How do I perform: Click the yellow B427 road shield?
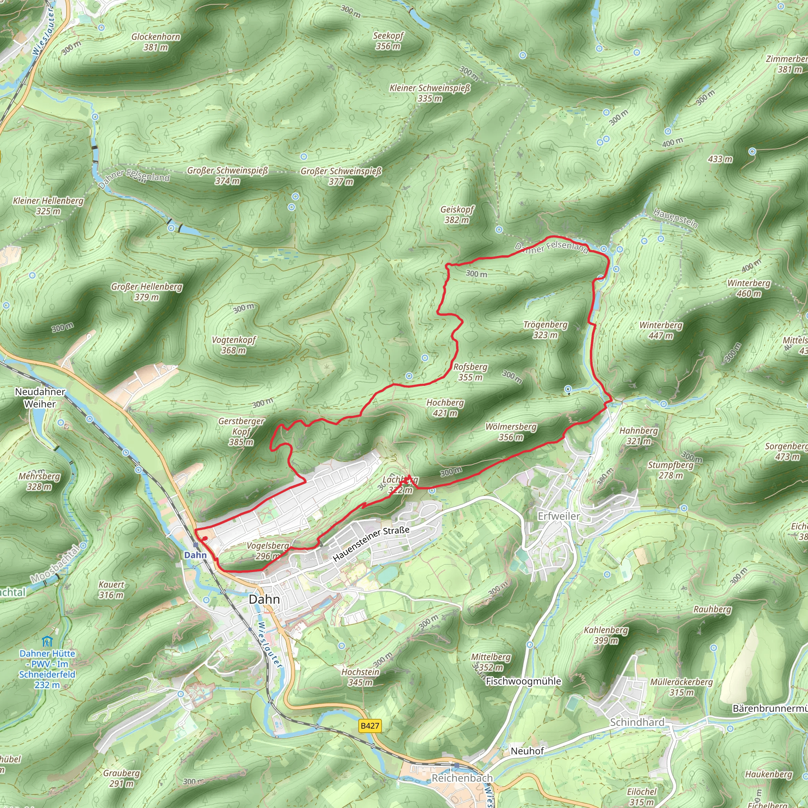click(x=370, y=726)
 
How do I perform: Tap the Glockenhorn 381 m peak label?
click(x=155, y=42)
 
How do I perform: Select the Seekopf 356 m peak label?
click(x=388, y=41)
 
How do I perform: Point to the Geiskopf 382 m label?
click(x=457, y=215)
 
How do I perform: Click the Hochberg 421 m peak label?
click(x=445, y=408)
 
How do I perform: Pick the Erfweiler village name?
click(x=559, y=516)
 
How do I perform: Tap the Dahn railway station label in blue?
click(x=195, y=555)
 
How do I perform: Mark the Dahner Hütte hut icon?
click(x=47, y=641)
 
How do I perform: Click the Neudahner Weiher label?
click(x=40, y=398)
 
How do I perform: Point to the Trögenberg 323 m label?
click(x=545, y=329)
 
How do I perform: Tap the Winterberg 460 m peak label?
click(x=748, y=288)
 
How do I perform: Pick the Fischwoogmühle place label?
click(x=523, y=681)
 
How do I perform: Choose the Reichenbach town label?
click(x=462, y=778)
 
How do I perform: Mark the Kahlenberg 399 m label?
click(x=606, y=635)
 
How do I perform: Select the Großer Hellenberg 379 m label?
click(x=146, y=292)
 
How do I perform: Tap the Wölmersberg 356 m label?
click(x=511, y=432)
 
